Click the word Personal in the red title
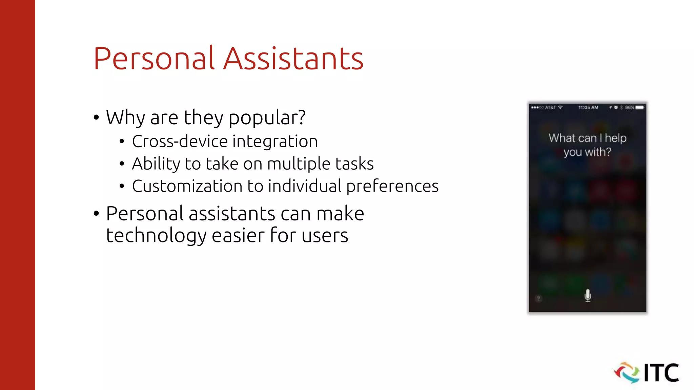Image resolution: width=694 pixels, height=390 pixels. point(154,59)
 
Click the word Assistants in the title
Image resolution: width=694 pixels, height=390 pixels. point(293,59)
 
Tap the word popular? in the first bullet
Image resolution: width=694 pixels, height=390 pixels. point(267,118)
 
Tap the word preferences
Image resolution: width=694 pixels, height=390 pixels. point(392,186)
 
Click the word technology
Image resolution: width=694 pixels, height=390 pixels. point(156,236)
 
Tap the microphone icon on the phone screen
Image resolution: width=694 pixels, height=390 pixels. point(588,296)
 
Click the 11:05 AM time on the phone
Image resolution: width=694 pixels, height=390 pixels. point(588,108)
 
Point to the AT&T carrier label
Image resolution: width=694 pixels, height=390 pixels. point(550,108)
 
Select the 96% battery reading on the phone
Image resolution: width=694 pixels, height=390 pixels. point(629,108)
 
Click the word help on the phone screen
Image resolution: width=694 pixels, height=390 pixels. point(616,138)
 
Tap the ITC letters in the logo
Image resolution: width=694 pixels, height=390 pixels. point(661,373)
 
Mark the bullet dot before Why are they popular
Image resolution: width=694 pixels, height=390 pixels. point(97,118)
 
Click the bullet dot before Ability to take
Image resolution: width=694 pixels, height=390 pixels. point(122,164)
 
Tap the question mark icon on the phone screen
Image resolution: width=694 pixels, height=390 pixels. point(538,298)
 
